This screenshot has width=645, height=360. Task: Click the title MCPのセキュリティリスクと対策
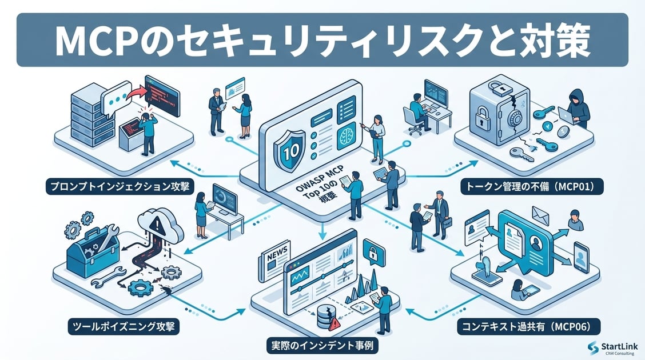[322, 40]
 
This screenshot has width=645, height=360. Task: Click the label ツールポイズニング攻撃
[124, 327]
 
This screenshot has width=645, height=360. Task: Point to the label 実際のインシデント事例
[322, 346]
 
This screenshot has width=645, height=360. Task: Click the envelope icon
[540, 214]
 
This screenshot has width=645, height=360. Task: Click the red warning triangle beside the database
[334, 323]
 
